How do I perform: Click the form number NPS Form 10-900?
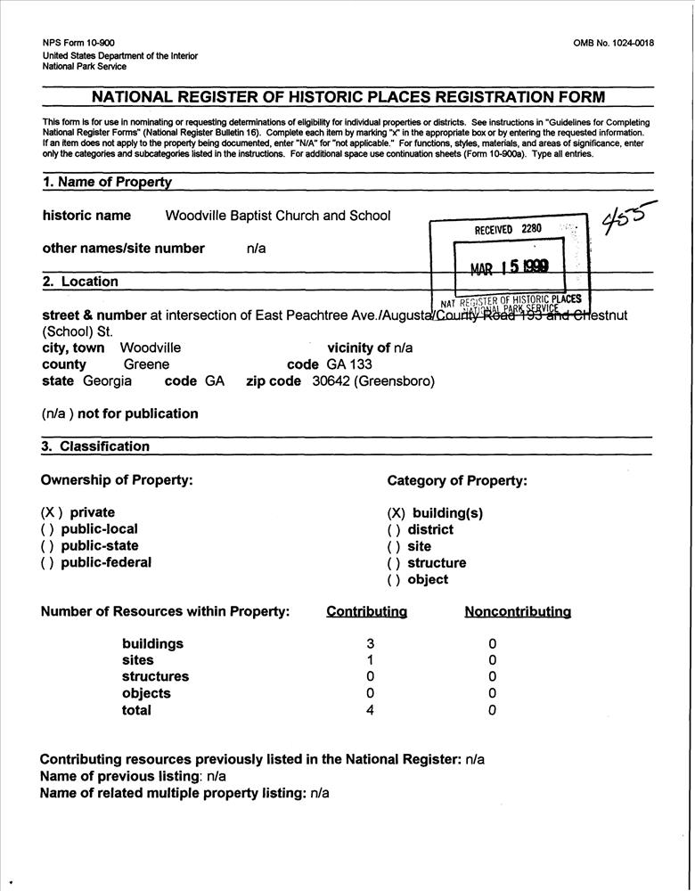(x=78, y=43)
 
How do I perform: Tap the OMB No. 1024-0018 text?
(x=614, y=43)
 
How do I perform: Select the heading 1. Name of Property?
(x=107, y=182)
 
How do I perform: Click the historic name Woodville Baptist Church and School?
(x=278, y=216)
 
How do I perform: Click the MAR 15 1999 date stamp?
(x=510, y=266)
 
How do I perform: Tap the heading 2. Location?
(x=80, y=282)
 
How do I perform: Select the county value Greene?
(x=146, y=364)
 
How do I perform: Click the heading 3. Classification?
(x=95, y=446)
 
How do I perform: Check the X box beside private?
(x=52, y=512)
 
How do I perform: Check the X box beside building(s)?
(x=397, y=513)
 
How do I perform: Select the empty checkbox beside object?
(x=394, y=580)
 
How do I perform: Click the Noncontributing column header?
(x=518, y=612)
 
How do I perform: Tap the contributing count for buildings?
(x=370, y=644)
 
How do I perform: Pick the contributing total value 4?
(x=370, y=710)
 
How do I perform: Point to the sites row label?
(x=137, y=660)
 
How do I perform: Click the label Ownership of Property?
(x=117, y=480)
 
